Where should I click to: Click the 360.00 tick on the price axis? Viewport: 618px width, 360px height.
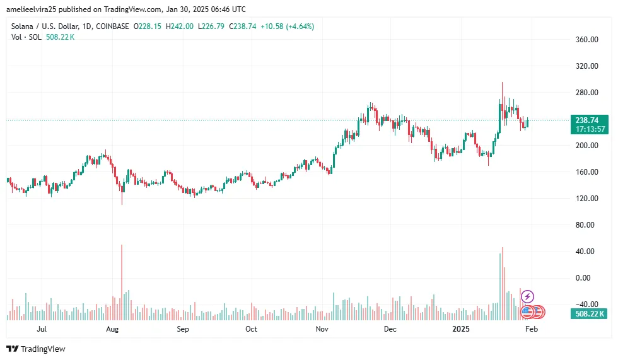(x=586, y=40)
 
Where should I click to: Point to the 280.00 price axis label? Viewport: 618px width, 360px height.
(x=586, y=93)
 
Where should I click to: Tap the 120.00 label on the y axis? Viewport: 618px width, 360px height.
(x=586, y=199)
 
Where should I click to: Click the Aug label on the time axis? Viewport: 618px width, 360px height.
(x=112, y=329)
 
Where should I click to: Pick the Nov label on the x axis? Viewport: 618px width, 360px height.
(x=322, y=329)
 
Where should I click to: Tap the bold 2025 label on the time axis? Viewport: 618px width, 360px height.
(x=462, y=329)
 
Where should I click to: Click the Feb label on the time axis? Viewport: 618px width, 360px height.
(x=532, y=329)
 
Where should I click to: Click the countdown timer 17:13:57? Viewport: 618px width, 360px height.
(x=591, y=129)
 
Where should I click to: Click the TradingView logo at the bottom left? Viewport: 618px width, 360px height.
(x=36, y=349)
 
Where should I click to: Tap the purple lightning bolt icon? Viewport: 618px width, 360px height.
(x=528, y=296)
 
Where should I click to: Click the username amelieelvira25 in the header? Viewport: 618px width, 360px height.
(x=34, y=9)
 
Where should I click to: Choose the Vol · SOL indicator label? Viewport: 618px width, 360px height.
(x=26, y=37)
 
